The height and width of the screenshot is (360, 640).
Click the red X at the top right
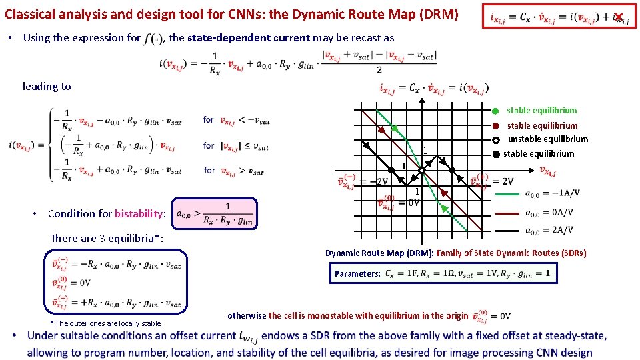tap(619, 17)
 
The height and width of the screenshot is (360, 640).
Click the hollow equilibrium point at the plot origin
tap(422, 172)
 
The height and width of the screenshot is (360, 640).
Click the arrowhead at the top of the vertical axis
tap(422, 98)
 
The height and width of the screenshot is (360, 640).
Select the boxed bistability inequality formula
tap(214, 214)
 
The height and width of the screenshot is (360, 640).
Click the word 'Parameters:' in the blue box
tap(357, 274)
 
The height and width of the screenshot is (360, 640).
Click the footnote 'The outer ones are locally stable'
tap(105, 323)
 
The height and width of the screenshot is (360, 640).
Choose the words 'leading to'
tap(47, 86)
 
